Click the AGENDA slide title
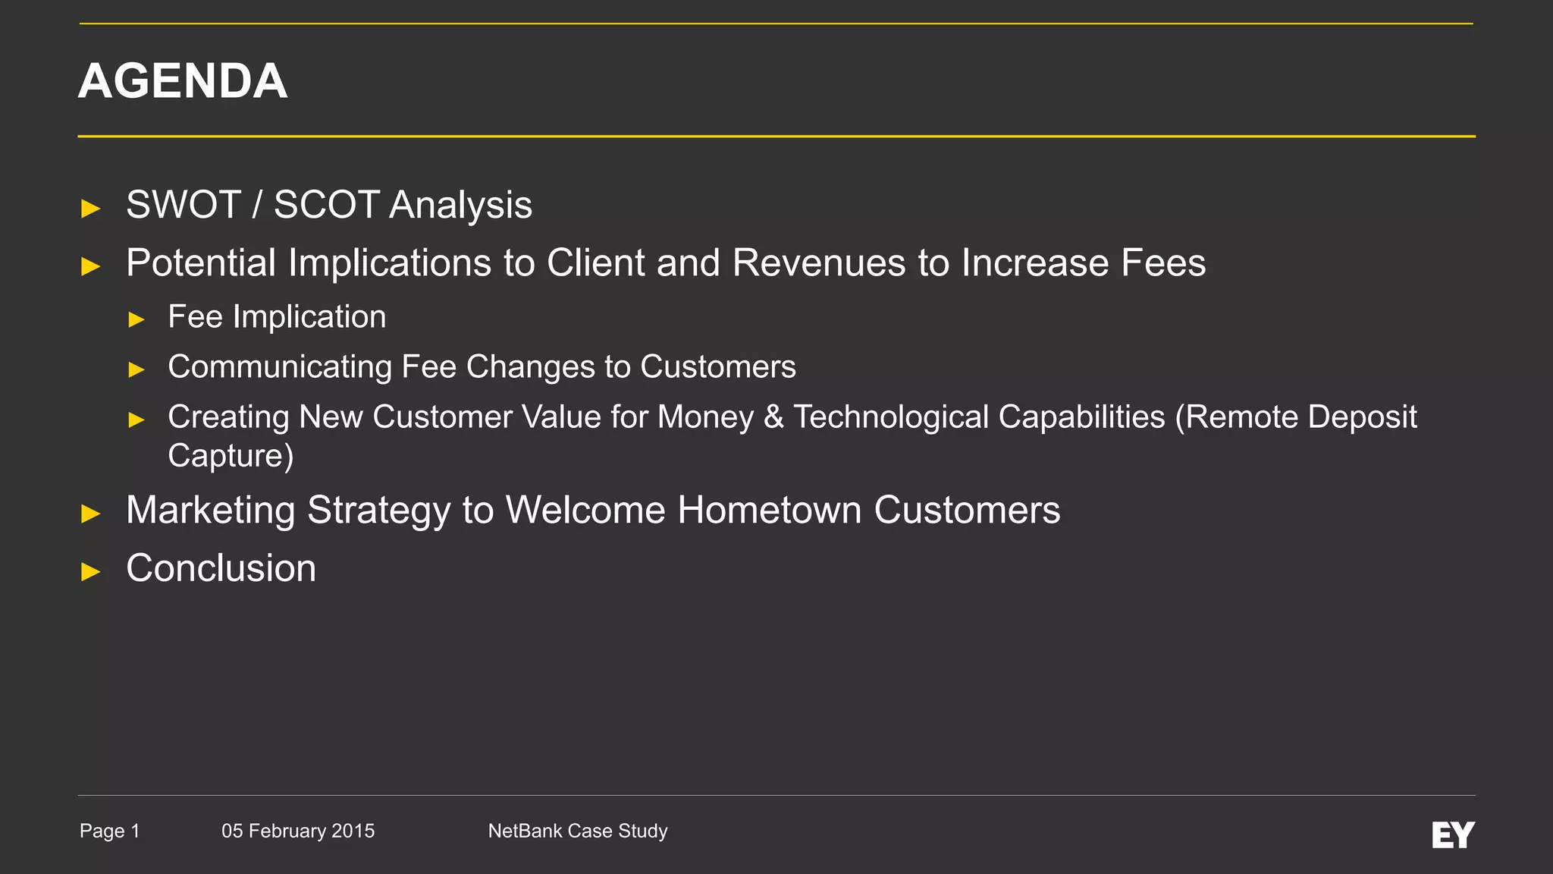pos(183,80)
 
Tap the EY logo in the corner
pos(1453,835)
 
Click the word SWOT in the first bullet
pos(184,205)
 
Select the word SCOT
pos(326,205)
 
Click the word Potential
pos(200,263)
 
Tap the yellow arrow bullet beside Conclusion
pos(91,571)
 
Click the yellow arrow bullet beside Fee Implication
pos(136,319)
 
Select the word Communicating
pos(279,367)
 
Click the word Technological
pos(978,417)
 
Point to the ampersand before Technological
pos(773,417)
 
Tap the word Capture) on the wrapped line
pos(231,456)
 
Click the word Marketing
pos(210,510)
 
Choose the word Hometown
pos(769,510)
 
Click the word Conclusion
pos(221,568)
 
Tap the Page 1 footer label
pos(110,831)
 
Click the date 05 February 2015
pos(298,831)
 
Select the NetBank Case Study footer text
pos(578,831)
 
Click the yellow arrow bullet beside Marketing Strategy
pos(91,514)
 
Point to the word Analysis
pos(461,205)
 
